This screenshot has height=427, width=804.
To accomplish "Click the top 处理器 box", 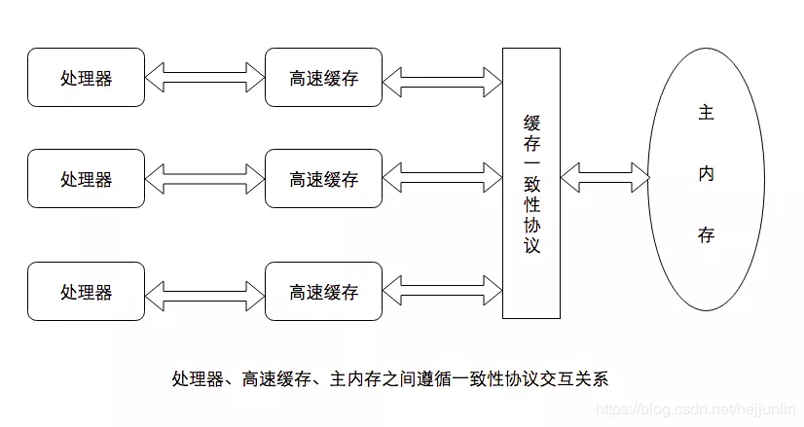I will (x=86, y=78).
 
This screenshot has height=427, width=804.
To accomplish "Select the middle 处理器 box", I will (x=86, y=179).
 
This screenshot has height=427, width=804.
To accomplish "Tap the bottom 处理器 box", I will (x=86, y=291).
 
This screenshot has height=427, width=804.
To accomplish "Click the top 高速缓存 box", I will (x=323, y=78).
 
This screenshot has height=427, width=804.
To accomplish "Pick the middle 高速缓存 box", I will (x=323, y=179).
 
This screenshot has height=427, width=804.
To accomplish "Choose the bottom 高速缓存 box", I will (x=323, y=291).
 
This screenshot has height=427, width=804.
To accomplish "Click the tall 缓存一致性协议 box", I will (x=531, y=183).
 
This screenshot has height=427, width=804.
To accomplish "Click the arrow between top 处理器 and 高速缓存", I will (x=204, y=76).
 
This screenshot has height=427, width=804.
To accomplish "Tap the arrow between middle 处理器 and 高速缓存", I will (x=204, y=178).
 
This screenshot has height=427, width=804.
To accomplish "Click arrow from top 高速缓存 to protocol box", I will (x=442, y=76).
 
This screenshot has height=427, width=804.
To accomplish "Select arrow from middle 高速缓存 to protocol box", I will (x=442, y=178).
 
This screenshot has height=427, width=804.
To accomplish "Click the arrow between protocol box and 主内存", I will (x=603, y=178).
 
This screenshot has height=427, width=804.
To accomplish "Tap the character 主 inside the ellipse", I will (x=707, y=113).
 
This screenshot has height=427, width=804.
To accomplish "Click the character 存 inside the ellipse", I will (x=707, y=235).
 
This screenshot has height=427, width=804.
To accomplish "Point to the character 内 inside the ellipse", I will (x=707, y=174).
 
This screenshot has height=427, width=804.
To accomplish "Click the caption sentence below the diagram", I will (x=389, y=377).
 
